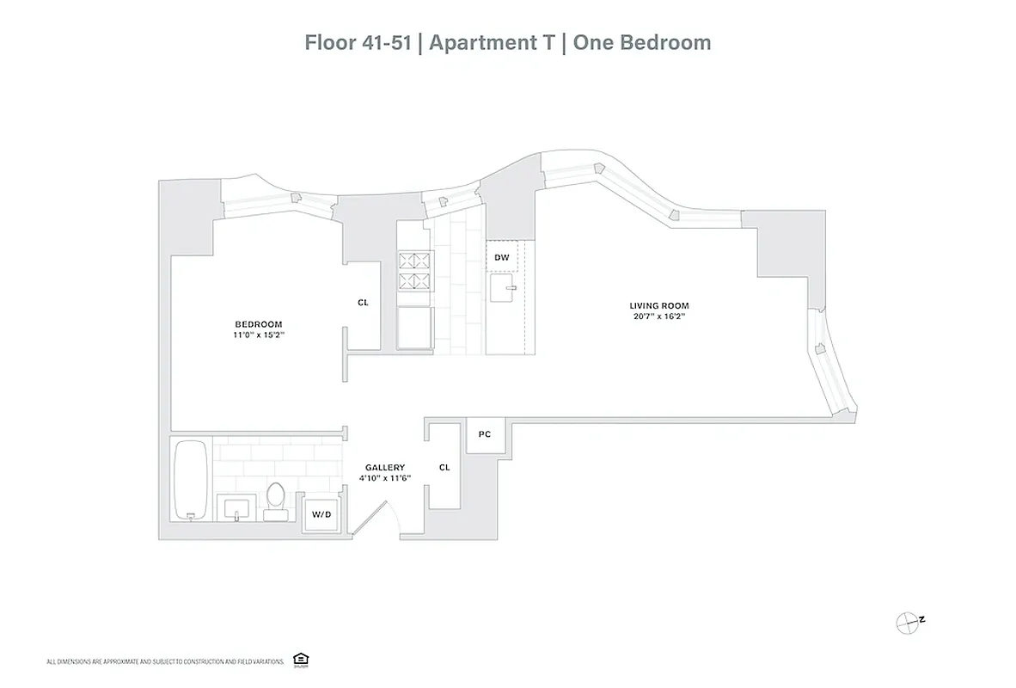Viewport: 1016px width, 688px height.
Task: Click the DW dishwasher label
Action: tap(501, 257)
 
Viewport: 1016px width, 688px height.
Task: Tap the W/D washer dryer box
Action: tap(321, 515)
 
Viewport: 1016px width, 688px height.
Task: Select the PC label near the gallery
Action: tap(484, 434)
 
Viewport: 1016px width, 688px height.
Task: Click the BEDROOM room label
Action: tap(259, 323)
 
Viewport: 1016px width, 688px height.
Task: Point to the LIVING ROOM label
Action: tap(659, 305)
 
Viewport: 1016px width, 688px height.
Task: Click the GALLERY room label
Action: tap(384, 467)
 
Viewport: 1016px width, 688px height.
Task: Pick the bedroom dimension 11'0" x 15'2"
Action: tap(259, 335)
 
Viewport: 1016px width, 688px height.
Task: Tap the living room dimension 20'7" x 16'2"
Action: tap(659, 316)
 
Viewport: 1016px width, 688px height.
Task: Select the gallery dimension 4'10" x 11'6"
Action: tap(384, 478)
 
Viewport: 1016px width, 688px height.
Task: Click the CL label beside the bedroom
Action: tap(363, 303)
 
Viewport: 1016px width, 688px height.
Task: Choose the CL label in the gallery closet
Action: tap(444, 467)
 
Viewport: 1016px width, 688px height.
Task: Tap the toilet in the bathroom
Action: tap(276, 499)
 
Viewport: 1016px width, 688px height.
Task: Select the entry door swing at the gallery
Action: tap(375, 520)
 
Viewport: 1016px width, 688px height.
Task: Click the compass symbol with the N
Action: tap(909, 621)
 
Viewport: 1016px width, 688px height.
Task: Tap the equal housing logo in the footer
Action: tap(300, 660)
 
